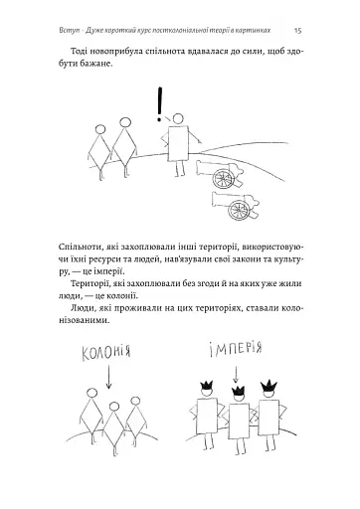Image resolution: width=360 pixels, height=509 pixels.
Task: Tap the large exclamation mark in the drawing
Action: click(x=159, y=103)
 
